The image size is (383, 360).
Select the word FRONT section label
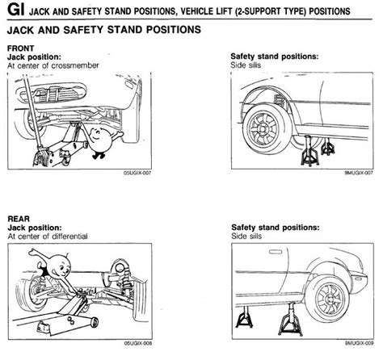click(x=19, y=48)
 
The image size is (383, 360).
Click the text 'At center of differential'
click(x=44, y=237)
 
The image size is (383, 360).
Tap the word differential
click(x=62, y=237)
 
